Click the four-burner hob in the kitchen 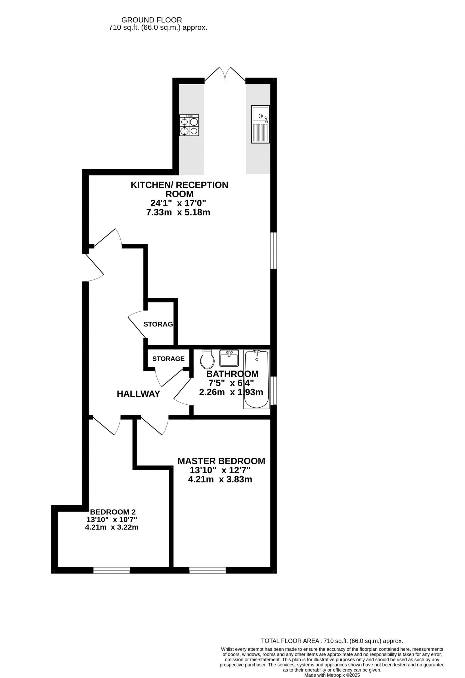pyautogui.click(x=189, y=125)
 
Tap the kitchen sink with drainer pyautogui.click(x=260, y=124)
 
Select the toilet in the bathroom pyautogui.click(x=207, y=359)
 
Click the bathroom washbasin pyautogui.click(x=229, y=358)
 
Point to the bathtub pyautogui.click(x=256, y=379)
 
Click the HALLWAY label pyautogui.click(x=138, y=394)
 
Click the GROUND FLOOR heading pyautogui.click(x=152, y=20)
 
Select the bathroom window pyautogui.click(x=273, y=391)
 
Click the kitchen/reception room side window pyautogui.click(x=273, y=250)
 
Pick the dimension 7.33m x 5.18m pyautogui.click(x=178, y=212)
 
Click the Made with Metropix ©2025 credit pyautogui.click(x=332, y=675)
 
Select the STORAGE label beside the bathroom pyautogui.click(x=169, y=359)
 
